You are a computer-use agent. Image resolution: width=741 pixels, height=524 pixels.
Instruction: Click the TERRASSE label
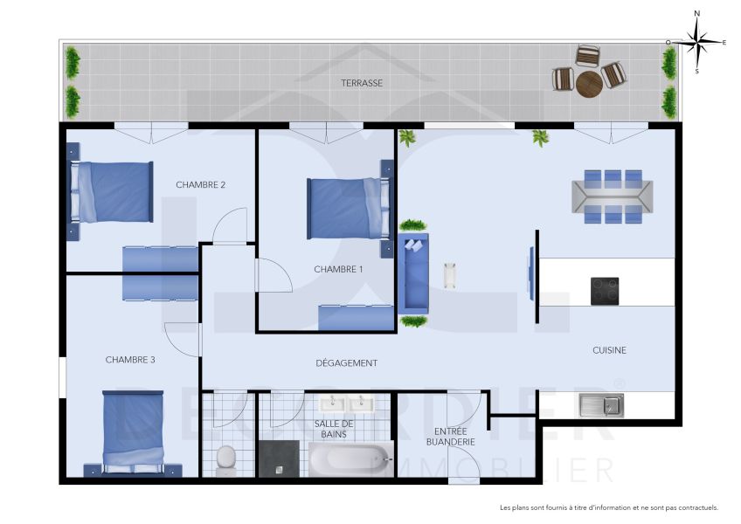click(x=362, y=83)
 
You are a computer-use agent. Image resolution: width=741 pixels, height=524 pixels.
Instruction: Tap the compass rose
click(x=696, y=41)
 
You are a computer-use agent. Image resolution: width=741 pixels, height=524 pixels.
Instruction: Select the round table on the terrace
click(x=589, y=84)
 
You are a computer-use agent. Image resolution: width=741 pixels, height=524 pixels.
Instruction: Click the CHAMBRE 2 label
click(x=201, y=184)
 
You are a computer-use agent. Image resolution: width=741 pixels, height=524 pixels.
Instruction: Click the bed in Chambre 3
click(x=133, y=431)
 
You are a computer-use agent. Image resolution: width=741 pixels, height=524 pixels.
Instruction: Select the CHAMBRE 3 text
click(x=130, y=359)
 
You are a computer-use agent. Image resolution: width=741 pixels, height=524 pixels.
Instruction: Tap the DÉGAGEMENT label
click(x=347, y=363)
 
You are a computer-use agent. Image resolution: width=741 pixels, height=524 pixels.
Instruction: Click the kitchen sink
click(x=600, y=404)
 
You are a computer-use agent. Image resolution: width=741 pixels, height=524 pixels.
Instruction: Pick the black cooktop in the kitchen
click(x=605, y=291)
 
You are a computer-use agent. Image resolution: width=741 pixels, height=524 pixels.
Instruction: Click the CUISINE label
click(x=609, y=350)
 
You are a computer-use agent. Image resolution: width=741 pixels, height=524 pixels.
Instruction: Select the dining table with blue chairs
click(x=612, y=196)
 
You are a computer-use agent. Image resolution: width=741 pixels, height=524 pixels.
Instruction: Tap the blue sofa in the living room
click(x=413, y=273)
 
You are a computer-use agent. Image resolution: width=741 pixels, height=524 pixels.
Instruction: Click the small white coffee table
click(x=451, y=275)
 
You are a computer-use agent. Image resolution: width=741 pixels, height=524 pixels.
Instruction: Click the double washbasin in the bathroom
click(x=346, y=403)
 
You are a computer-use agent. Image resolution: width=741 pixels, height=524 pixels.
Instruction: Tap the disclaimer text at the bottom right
click(x=608, y=507)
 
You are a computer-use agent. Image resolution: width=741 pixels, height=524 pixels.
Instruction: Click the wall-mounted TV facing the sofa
click(x=530, y=272)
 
